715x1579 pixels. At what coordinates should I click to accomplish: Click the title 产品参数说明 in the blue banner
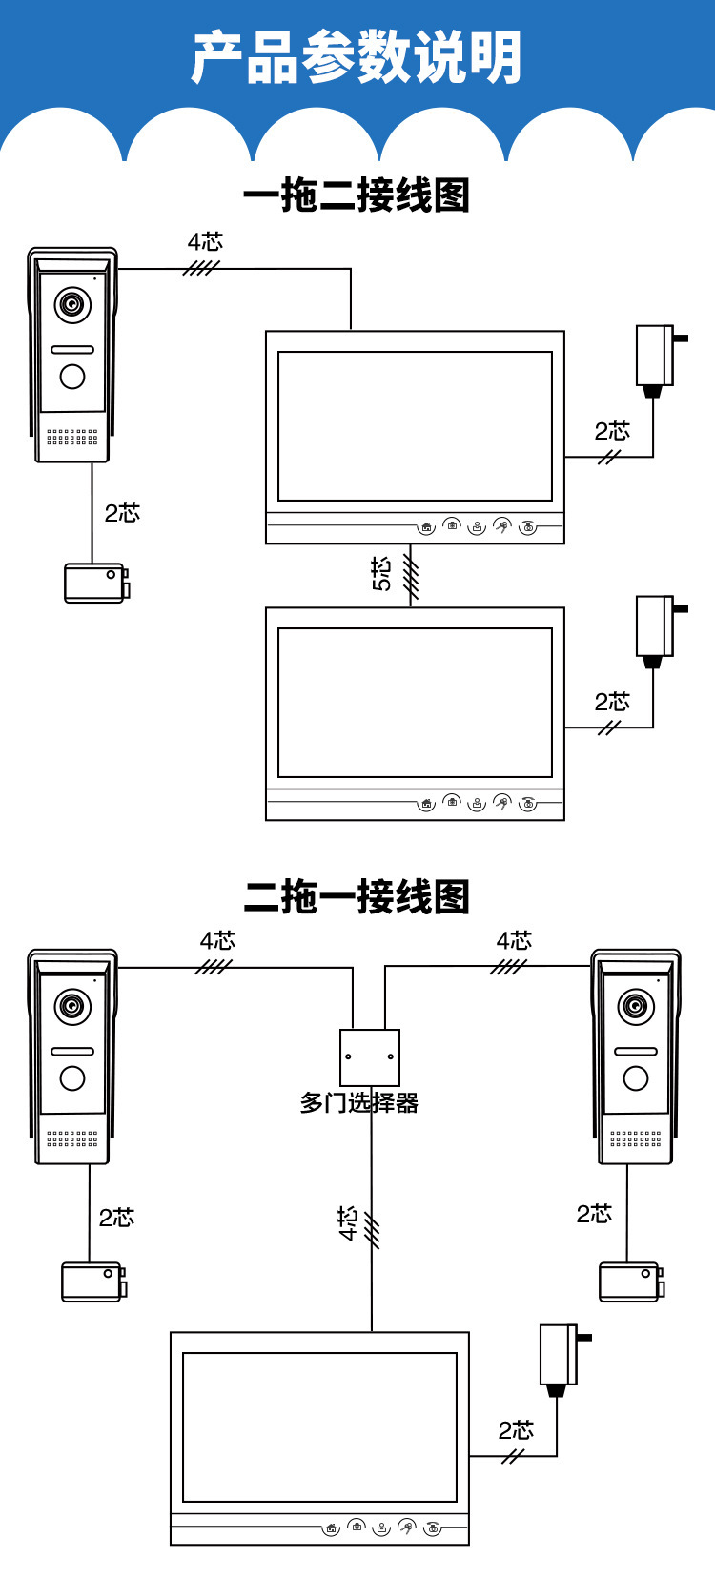(x=357, y=58)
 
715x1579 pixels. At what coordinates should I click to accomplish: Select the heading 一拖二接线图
(x=357, y=195)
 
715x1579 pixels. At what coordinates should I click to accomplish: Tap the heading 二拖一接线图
(x=357, y=897)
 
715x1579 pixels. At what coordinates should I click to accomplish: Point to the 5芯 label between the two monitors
(x=381, y=574)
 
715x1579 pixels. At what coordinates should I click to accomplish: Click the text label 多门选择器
(x=359, y=1103)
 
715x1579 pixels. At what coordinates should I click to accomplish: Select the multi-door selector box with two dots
(x=370, y=1056)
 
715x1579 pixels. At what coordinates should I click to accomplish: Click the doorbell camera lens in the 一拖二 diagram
(x=72, y=305)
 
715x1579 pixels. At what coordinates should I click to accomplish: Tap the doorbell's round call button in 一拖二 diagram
(x=72, y=377)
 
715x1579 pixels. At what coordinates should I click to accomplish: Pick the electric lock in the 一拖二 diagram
(x=96, y=583)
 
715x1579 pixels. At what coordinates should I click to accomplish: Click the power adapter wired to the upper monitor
(x=656, y=358)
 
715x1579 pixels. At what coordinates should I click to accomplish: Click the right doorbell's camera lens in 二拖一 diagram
(x=636, y=1007)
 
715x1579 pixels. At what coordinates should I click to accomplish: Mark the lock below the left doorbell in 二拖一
(x=93, y=1282)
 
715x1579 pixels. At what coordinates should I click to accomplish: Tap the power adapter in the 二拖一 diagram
(x=560, y=1356)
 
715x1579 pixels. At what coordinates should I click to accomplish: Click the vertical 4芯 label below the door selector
(x=348, y=1222)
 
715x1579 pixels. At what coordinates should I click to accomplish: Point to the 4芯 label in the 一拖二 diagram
(x=205, y=242)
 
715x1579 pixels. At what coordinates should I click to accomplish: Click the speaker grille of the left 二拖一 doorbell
(x=72, y=1138)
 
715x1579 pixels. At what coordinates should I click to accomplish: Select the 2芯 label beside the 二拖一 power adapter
(x=516, y=1430)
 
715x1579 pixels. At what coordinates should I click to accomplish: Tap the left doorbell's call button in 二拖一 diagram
(x=72, y=1077)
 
